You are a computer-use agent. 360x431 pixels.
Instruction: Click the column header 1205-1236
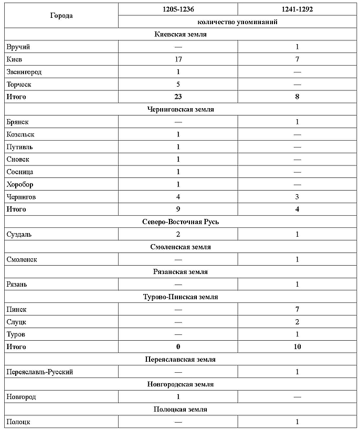(x=178, y=9)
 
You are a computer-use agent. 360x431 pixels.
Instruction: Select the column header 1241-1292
(x=297, y=9)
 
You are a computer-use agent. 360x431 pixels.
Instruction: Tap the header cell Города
(x=61, y=15)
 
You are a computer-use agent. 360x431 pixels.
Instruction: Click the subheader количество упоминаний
(x=237, y=22)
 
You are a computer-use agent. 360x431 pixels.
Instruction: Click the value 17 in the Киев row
(x=178, y=59)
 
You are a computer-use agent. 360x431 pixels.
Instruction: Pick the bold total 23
(x=178, y=97)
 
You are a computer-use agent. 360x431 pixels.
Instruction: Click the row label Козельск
(x=20, y=134)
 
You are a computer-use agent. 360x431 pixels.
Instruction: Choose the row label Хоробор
(x=20, y=184)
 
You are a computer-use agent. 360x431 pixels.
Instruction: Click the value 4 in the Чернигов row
(x=178, y=197)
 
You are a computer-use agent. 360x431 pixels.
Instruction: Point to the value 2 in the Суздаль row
(x=178, y=234)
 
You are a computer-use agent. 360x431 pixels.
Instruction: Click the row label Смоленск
(x=22, y=259)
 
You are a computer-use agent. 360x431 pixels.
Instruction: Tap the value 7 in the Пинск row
(x=297, y=309)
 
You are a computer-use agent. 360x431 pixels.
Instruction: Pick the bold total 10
(x=297, y=346)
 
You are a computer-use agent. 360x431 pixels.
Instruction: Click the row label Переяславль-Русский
(x=39, y=372)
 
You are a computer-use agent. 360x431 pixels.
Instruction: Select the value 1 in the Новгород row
(x=178, y=397)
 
